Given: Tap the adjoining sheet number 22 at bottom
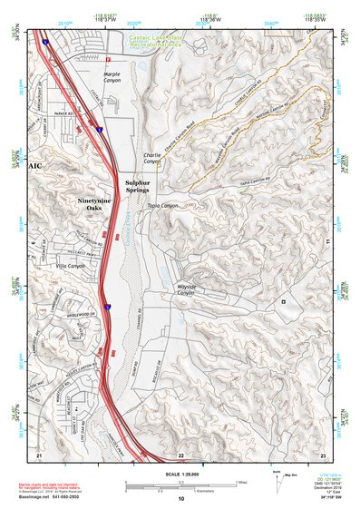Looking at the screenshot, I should [181, 454].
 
